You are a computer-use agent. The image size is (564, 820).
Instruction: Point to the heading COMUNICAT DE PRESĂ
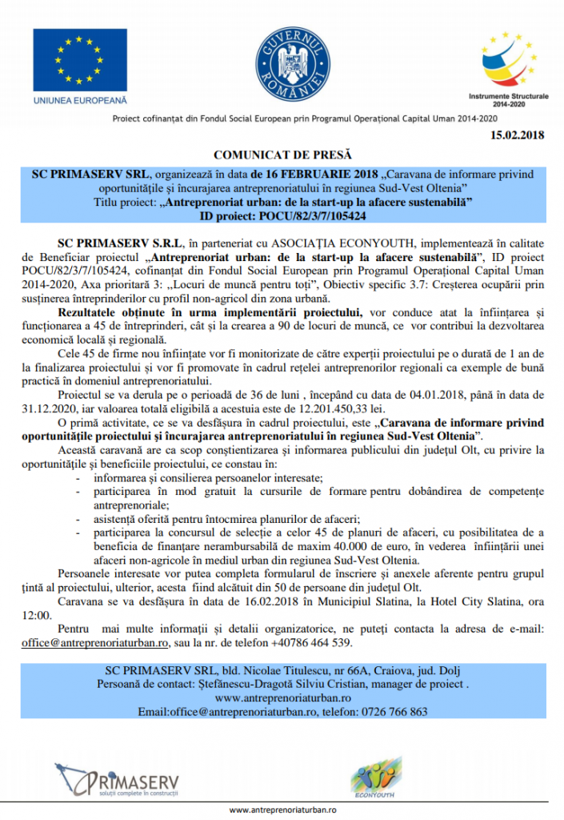tap(282, 154)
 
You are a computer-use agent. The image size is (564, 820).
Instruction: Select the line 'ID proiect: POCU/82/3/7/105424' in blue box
tap(282, 216)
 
